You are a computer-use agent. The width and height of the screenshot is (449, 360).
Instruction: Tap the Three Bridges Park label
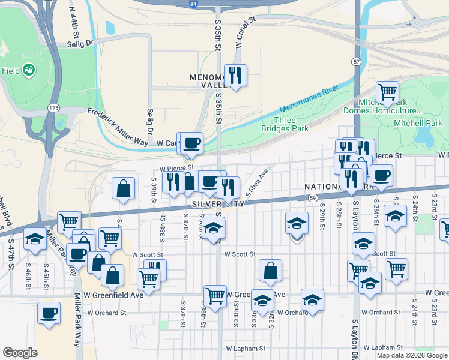(286, 124)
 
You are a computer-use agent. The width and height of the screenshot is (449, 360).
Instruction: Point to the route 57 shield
(357, 62)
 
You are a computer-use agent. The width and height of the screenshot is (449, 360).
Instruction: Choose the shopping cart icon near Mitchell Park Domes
(388, 92)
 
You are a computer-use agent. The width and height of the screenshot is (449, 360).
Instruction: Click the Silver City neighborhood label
(219, 204)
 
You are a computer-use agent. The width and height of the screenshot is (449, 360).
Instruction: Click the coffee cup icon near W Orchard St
(49, 313)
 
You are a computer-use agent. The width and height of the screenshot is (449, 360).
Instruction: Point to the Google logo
(20, 353)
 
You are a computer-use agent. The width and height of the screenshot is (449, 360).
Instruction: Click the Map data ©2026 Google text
(412, 355)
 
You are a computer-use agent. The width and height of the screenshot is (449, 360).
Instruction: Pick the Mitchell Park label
(417, 123)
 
